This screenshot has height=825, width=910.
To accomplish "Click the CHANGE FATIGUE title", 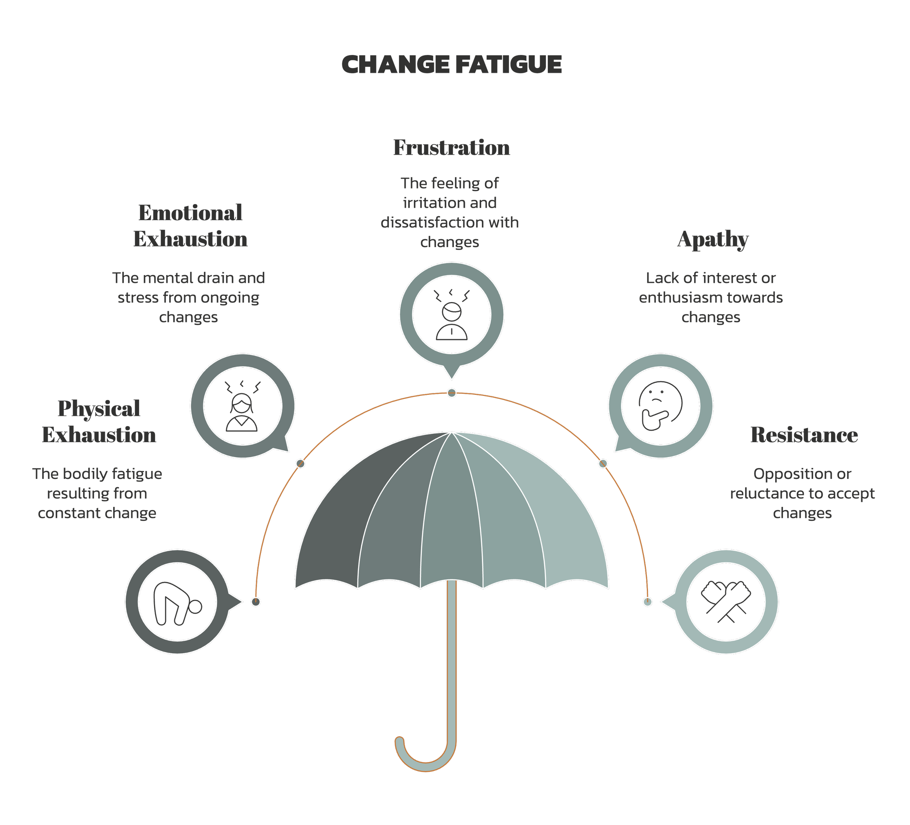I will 451,64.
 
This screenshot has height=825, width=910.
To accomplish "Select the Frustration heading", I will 451,148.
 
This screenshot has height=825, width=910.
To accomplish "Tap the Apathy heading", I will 713,239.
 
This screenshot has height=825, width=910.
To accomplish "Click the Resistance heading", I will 804,435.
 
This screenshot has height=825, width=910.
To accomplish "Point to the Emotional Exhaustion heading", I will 190,226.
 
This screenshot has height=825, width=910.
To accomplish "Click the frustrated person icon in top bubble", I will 451,314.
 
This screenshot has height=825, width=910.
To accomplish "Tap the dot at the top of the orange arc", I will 451,393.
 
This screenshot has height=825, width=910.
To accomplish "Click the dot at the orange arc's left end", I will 256,602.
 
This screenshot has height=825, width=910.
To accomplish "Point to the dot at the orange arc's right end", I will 647,602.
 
